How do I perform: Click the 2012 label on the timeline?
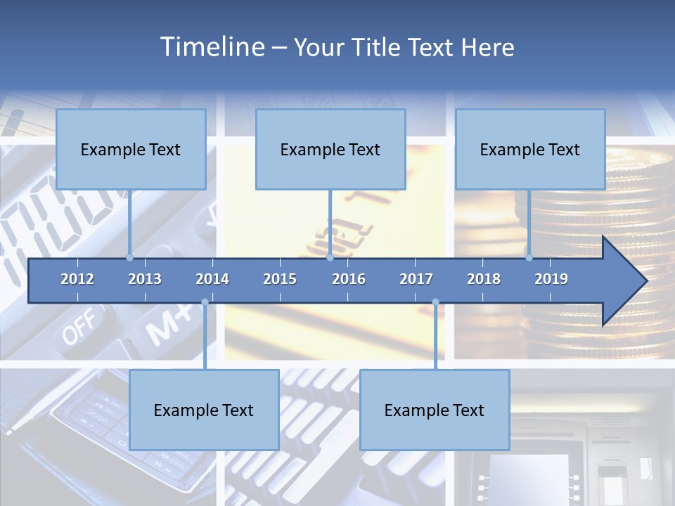(x=77, y=279)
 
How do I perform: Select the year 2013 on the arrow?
(x=145, y=279)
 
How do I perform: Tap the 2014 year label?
(x=212, y=279)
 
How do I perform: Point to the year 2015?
(x=280, y=279)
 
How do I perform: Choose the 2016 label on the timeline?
(x=349, y=279)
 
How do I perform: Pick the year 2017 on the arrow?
(x=416, y=279)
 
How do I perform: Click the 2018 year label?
(x=484, y=279)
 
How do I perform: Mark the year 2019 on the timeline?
(x=551, y=279)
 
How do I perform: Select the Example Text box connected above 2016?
(x=330, y=149)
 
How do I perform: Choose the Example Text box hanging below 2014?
(x=204, y=410)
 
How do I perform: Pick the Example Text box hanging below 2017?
(x=435, y=410)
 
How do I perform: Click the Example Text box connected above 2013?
(x=131, y=149)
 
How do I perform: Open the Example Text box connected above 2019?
(x=530, y=149)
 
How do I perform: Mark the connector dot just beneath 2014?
(x=205, y=302)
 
